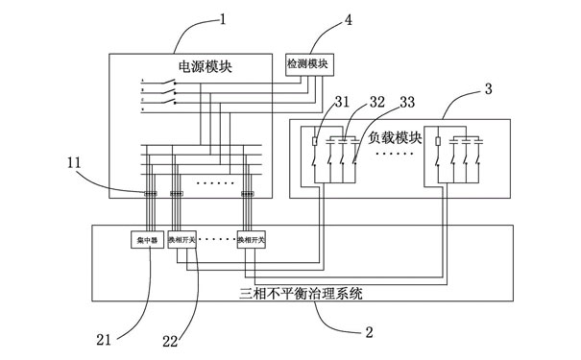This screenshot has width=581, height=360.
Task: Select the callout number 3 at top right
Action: (x=489, y=88)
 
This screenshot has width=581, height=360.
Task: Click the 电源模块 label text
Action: (x=206, y=66)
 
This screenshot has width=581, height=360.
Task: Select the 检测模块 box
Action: (x=307, y=63)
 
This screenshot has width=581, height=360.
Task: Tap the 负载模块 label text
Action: (x=396, y=136)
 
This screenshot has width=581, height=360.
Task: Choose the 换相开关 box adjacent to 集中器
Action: (x=182, y=242)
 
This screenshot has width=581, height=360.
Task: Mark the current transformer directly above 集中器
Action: (x=151, y=195)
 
